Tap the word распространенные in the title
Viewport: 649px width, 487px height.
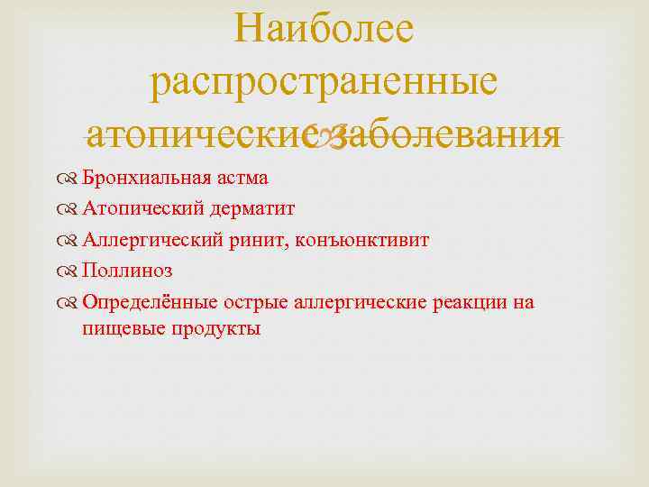click(324, 82)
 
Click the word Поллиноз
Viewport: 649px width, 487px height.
click(127, 271)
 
